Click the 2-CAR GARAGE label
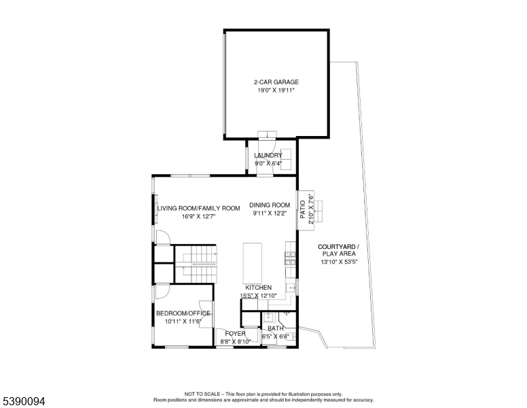click(x=276, y=82)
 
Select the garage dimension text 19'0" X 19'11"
click(x=276, y=90)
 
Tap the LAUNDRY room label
click(x=268, y=155)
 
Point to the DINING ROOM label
click(x=270, y=205)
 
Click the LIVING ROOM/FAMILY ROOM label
click(x=200, y=208)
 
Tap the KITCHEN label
click(x=258, y=288)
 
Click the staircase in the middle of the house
click(x=196, y=265)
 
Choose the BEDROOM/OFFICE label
click(x=183, y=313)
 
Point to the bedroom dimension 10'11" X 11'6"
click(x=183, y=322)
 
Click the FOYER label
click(x=235, y=334)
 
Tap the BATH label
click(x=276, y=328)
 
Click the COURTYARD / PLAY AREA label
click(x=338, y=250)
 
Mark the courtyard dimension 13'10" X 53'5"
click(x=338, y=262)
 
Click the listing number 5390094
click(x=24, y=402)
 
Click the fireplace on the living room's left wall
click(x=156, y=209)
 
